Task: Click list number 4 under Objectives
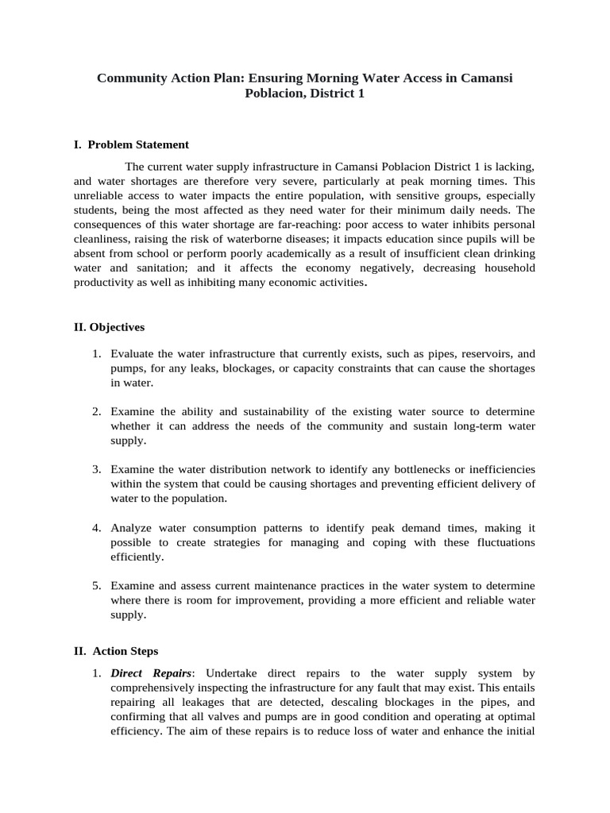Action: click(x=96, y=527)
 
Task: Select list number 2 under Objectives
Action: click(x=96, y=411)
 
